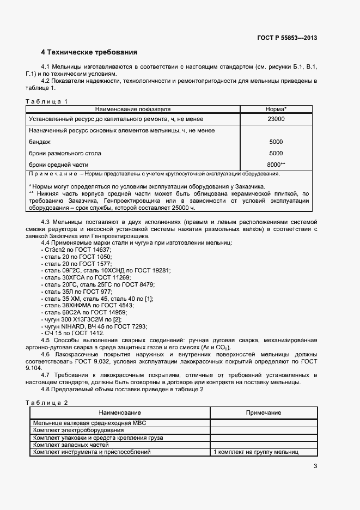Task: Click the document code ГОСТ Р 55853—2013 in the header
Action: pos(287,38)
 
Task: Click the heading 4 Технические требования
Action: pos(89,53)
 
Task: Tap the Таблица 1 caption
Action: pos(47,101)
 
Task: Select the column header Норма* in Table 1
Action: pos(276,109)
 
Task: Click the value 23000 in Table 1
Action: pos(276,119)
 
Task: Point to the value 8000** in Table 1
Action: pos(277,164)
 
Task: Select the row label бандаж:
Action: pos(40,142)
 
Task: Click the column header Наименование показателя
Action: pos(133,109)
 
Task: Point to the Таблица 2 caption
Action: pos(47,402)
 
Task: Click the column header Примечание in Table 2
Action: pos(264,413)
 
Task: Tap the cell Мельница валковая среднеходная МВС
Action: pos(90,423)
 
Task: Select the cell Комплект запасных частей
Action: pos(71,445)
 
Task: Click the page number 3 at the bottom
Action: pos(315,466)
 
